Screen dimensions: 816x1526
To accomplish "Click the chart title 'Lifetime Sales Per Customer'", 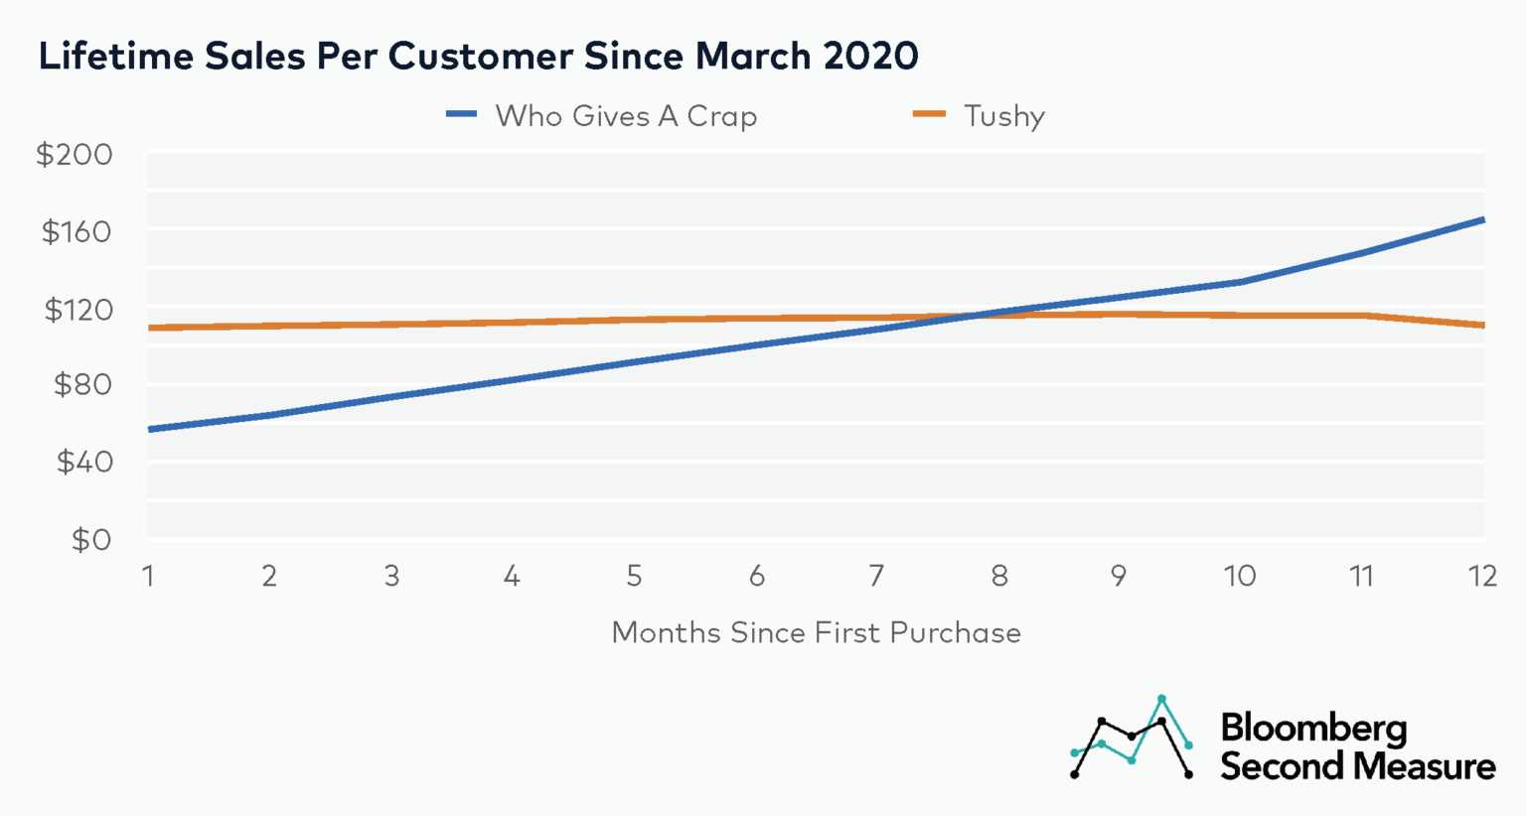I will [x=478, y=56].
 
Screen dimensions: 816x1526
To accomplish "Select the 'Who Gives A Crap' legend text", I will [x=626, y=116].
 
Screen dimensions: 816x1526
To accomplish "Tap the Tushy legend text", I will [x=1004, y=116].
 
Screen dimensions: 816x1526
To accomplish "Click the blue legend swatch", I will [x=463, y=115].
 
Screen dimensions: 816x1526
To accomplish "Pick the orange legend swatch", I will [x=930, y=115].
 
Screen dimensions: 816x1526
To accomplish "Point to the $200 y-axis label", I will [x=75, y=155].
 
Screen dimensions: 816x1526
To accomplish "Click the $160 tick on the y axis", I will [x=76, y=231].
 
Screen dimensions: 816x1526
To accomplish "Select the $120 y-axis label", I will [x=77, y=309].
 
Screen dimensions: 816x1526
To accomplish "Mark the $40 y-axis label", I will [x=83, y=462].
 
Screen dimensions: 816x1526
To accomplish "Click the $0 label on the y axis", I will [x=90, y=539].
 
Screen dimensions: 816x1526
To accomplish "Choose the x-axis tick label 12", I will [x=1482, y=576].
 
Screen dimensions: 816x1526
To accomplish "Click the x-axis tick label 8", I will [x=999, y=576].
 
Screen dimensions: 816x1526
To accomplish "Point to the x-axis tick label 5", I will [x=634, y=576].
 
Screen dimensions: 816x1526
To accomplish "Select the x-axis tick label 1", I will [x=148, y=576].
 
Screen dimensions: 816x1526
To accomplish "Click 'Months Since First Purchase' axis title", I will [x=816, y=632].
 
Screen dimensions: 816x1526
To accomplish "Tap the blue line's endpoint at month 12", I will [x=1482, y=219].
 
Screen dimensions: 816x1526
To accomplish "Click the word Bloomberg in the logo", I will [x=1313, y=728].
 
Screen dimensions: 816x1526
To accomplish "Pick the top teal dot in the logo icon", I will [x=1161, y=699].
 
